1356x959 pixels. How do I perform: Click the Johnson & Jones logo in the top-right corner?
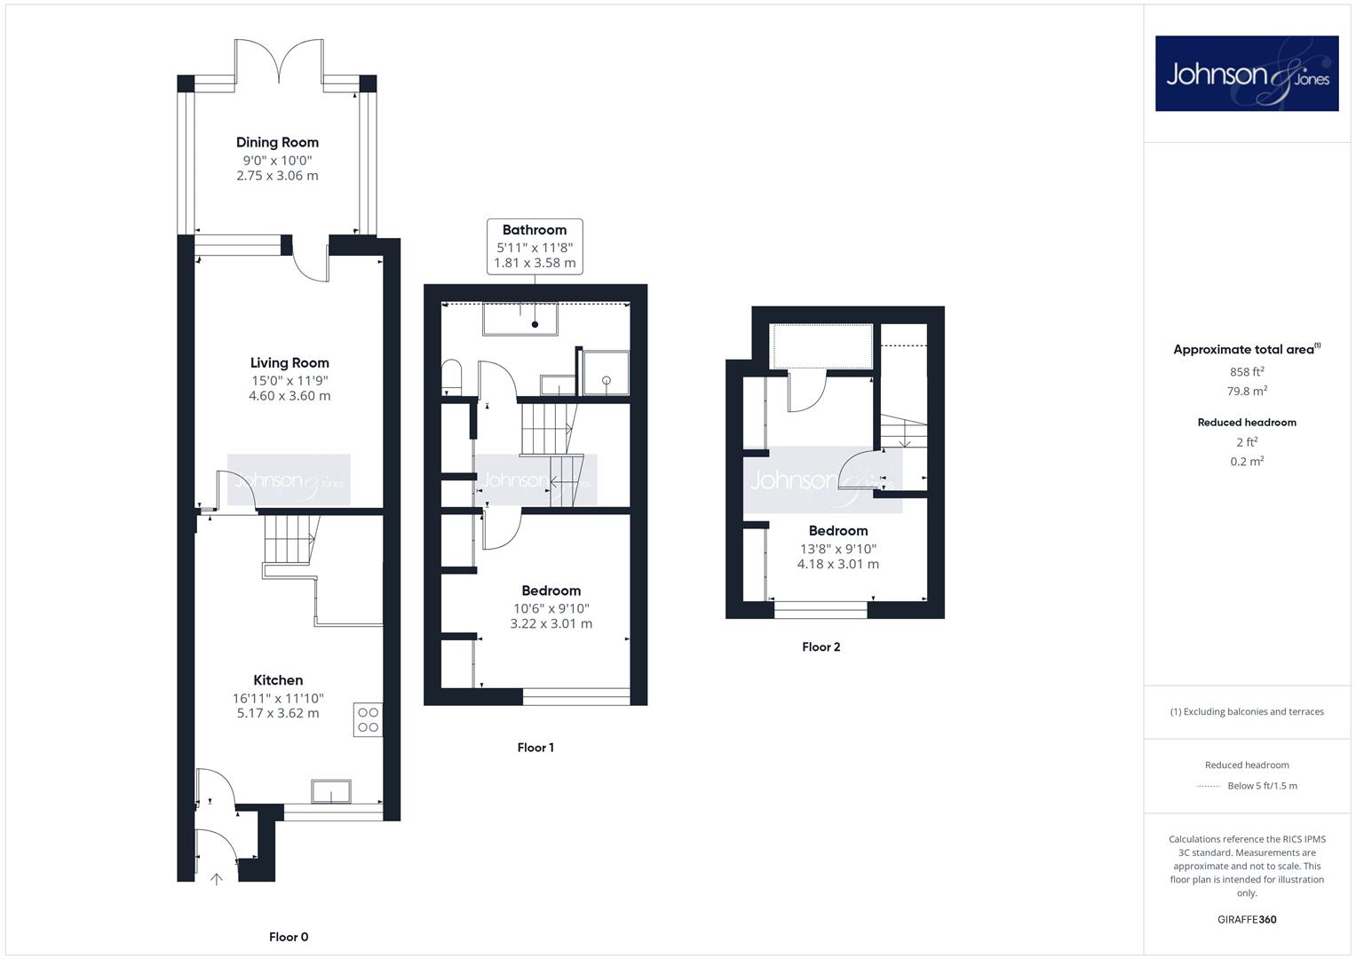(1247, 73)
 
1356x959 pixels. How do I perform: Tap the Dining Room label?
(277, 142)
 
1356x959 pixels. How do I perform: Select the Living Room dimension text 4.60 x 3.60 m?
(289, 396)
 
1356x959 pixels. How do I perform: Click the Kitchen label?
(278, 680)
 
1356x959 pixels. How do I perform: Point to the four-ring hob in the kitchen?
(368, 720)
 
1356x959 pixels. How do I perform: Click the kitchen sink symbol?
(331, 791)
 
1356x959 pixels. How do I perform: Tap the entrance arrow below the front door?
(216, 879)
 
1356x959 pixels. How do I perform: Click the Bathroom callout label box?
(535, 247)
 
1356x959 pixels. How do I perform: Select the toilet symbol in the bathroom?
(452, 376)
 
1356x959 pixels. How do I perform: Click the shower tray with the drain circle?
(606, 373)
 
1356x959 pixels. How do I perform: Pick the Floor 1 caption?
(535, 748)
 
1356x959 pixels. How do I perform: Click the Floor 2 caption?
(821, 647)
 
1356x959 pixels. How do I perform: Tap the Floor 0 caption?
(289, 937)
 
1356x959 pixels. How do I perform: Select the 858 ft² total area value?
(1247, 372)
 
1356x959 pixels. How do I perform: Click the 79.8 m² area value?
(1247, 391)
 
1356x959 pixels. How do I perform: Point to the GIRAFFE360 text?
(1247, 920)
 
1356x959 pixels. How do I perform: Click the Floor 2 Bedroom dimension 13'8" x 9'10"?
(837, 549)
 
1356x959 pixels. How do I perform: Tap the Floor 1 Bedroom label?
(551, 590)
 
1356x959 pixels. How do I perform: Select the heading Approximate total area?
(1247, 349)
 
